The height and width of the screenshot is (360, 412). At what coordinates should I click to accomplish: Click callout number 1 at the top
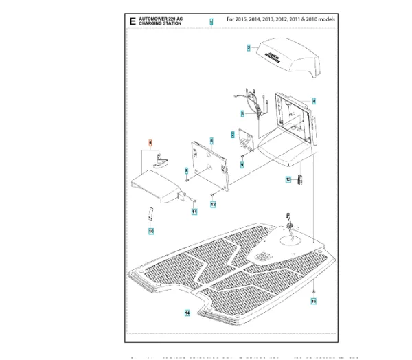click(x=211, y=23)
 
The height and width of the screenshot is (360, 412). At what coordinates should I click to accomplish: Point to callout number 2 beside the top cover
click(x=249, y=48)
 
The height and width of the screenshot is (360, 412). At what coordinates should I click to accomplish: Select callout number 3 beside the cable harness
click(x=242, y=113)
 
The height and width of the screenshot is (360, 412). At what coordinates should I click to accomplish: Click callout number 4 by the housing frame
click(x=314, y=100)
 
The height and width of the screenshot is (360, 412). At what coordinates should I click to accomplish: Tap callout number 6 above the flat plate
click(x=212, y=140)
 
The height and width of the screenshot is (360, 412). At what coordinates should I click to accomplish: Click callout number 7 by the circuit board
click(x=233, y=135)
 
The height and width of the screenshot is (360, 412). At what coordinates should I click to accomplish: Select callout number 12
click(x=213, y=205)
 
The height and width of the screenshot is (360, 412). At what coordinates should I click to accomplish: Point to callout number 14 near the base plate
click(x=187, y=313)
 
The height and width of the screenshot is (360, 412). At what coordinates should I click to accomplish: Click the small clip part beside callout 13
click(x=299, y=180)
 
